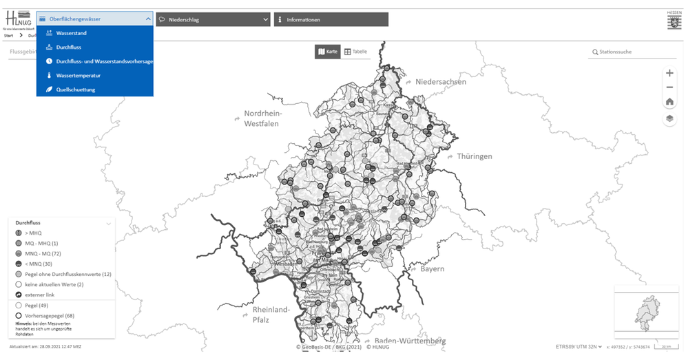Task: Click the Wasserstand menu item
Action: tap(71, 33)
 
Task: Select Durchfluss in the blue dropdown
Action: tap(68, 47)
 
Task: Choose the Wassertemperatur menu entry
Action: tap(78, 75)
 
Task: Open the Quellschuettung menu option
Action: tap(76, 89)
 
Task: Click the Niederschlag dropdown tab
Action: tap(212, 19)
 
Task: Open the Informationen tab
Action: tap(331, 19)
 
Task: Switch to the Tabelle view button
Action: tap(356, 52)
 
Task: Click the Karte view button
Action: tap(327, 52)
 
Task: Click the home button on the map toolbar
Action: tap(669, 102)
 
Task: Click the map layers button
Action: tap(669, 118)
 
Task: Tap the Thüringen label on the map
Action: tap(474, 156)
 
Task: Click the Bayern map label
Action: tap(432, 268)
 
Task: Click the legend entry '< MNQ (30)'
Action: tap(39, 264)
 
